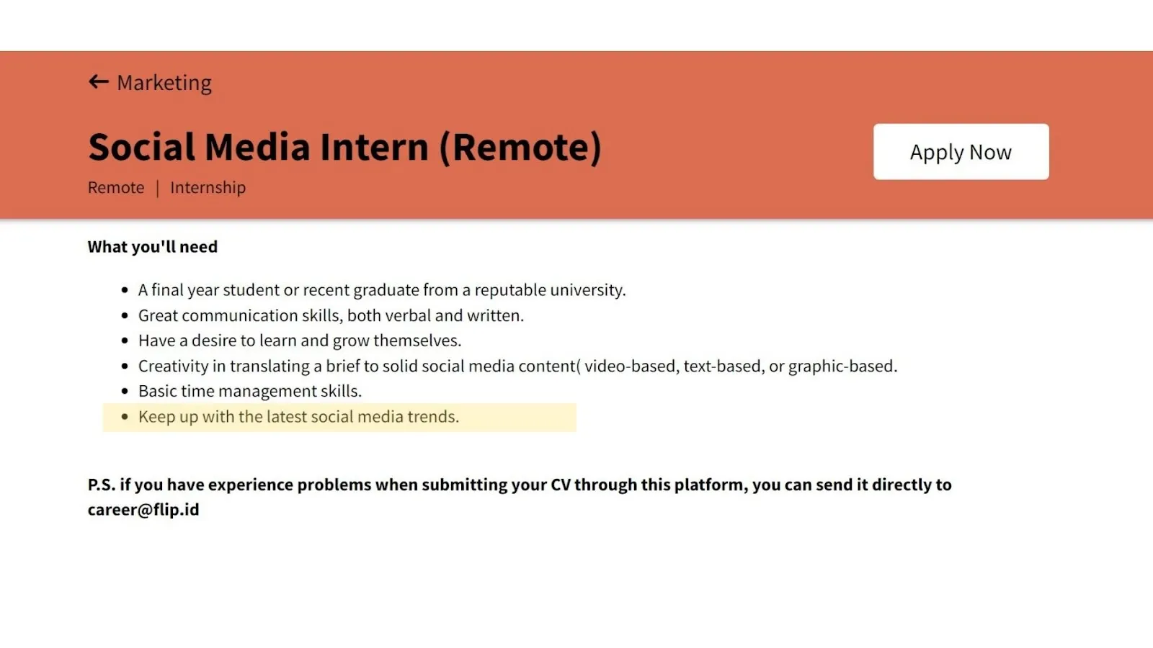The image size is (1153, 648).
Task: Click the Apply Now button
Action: tap(961, 152)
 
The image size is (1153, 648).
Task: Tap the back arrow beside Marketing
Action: tap(98, 82)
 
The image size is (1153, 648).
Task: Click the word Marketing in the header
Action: tap(164, 83)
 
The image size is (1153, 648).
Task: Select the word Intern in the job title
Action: tap(374, 147)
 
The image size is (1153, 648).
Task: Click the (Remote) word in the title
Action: tap(520, 148)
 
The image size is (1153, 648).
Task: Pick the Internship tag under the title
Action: tap(208, 188)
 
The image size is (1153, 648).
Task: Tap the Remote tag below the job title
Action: tap(116, 188)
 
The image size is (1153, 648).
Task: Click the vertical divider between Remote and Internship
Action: tap(158, 188)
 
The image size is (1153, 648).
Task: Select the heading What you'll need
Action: tap(152, 247)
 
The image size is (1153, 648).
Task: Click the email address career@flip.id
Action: tap(143, 509)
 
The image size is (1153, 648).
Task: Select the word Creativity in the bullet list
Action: tap(174, 366)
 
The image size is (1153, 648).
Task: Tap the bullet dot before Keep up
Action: tap(125, 417)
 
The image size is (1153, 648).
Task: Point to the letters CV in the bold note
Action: tap(561, 485)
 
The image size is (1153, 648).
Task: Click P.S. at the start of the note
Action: tap(102, 485)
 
